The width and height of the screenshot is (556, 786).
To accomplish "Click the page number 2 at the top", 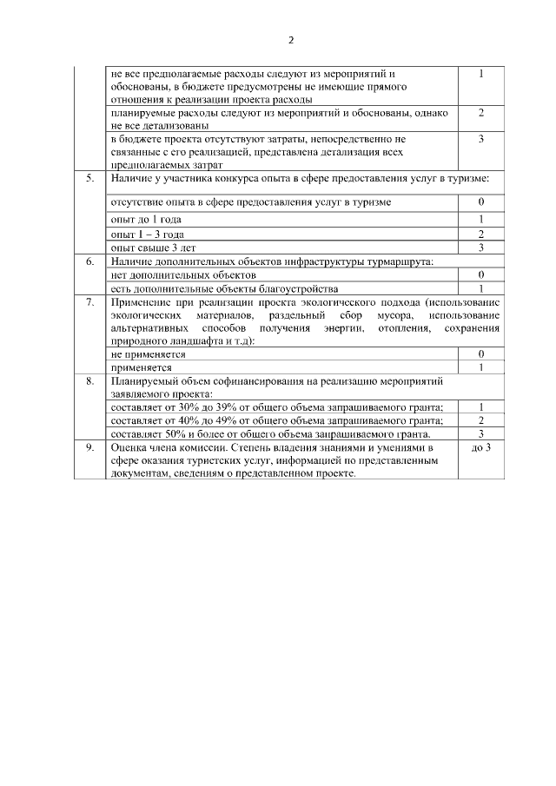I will click(x=291, y=41).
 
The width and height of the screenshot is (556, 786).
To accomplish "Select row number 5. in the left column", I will click(x=89, y=179).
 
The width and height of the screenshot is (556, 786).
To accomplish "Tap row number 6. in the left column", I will click(x=89, y=261).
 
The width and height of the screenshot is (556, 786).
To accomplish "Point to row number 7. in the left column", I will click(x=89, y=301).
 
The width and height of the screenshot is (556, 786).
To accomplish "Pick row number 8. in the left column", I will click(x=89, y=380).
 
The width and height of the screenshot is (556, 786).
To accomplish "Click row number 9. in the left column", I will click(x=89, y=447).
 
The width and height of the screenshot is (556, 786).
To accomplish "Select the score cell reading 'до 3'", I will click(x=480, y=447).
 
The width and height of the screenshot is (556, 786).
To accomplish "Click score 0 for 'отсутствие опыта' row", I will click(x=480, y=202).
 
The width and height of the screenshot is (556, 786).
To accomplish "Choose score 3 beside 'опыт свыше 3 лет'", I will click(x=480, y=248).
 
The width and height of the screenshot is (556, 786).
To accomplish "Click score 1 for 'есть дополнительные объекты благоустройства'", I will click(x=480, y=288).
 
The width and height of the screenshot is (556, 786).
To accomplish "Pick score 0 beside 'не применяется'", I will click(x=480, y=354).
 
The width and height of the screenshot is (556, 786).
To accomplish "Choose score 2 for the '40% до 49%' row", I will click(x=480, y=420).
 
